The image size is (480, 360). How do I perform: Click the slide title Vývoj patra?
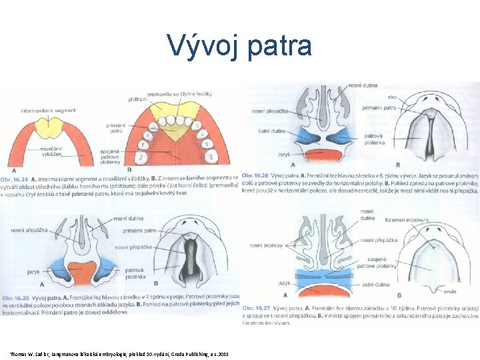(239, 45)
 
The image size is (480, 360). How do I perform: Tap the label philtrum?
(139, 100)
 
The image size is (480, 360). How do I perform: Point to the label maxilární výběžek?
(51, 151)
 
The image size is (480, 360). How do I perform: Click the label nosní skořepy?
(265, 245)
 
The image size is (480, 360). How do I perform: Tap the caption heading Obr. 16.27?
(258, 308)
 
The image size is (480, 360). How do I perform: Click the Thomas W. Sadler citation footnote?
(119, 353)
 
